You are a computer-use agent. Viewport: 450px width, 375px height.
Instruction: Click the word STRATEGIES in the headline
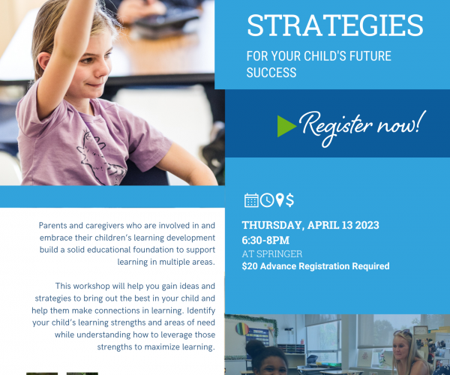(x=335, y=25)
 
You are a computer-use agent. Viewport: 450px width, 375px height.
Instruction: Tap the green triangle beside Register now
(x=286, y=126)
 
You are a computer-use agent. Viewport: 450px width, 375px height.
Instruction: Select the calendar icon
(x=251, y=200)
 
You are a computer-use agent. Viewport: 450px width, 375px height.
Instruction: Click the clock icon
(x=267, y=200)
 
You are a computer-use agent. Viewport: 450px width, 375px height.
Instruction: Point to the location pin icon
(x=280, y=200)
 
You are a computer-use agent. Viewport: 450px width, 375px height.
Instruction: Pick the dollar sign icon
(x=289, y=200)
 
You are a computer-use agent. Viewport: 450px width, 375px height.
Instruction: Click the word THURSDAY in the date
(x=271, y=225)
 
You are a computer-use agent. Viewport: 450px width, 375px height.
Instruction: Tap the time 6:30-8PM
(x=265, y=240)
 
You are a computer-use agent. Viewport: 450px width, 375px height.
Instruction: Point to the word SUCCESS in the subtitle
(x=271, y=73)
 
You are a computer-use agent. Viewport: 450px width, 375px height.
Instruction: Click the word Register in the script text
(x=336, y=126)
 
